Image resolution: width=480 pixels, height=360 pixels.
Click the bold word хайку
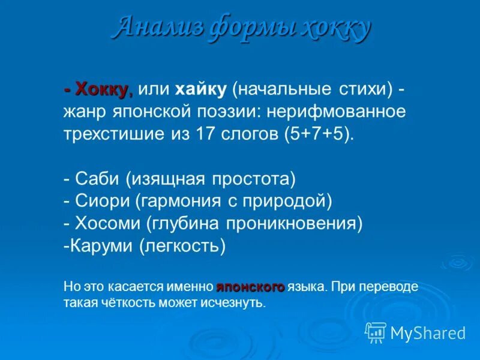(200, 90)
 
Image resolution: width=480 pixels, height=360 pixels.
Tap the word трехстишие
(112, 133)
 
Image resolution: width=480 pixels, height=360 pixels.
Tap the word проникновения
(294, 223)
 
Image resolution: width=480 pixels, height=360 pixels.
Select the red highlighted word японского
(250, 287)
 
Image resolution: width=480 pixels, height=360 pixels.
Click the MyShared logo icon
(376, 332)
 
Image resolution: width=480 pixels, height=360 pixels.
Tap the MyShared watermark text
(427, 332)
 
